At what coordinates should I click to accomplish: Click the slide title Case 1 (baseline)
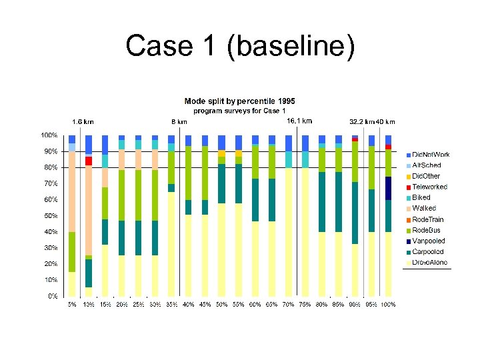click(240, 47)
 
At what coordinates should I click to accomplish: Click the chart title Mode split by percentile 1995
click(239, 101)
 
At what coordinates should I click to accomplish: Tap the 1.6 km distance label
click(83, 122)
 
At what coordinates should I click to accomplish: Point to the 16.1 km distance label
click(299, 121)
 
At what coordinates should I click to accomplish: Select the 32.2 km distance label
click(362, 122)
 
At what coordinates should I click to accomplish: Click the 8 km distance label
click(179, 122)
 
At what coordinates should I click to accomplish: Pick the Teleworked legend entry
click(429, 187)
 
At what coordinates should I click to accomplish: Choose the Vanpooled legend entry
click(428, 241)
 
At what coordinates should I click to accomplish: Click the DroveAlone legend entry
click(429, 263)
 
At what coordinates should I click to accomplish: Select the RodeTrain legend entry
click(427, 219)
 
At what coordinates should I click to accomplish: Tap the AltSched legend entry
click(427, 165)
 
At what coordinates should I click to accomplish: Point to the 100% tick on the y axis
click(49, 135)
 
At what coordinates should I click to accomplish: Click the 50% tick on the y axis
click(51, 216)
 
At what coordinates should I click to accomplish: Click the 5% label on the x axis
click(72, 305)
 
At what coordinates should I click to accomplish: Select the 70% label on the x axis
click(289, 305)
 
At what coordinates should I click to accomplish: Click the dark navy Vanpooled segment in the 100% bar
click(388, 188)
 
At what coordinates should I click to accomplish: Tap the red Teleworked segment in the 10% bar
click(89, 161)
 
